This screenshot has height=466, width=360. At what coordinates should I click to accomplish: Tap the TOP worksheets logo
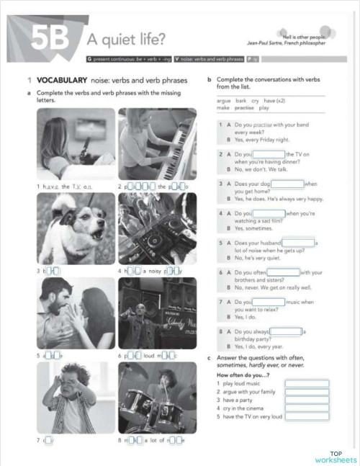click(335, 456)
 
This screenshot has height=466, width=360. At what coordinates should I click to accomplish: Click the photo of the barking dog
click(76, 228)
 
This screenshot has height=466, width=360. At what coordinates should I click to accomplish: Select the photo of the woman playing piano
click(157, 143)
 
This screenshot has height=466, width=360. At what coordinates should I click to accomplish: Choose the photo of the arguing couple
click(76, 313)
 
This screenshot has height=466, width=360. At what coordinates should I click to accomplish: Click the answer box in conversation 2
click(269, 154)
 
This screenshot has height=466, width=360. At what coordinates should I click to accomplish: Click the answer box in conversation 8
click(286, 331)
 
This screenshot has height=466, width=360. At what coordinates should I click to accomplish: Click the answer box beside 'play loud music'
click(307, 384)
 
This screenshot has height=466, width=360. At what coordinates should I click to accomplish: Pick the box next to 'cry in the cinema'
click(307, 408)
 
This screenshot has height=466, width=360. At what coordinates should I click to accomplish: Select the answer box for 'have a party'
click(307, 400)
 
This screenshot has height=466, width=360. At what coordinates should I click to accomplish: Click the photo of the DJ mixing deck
click(157, 228)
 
